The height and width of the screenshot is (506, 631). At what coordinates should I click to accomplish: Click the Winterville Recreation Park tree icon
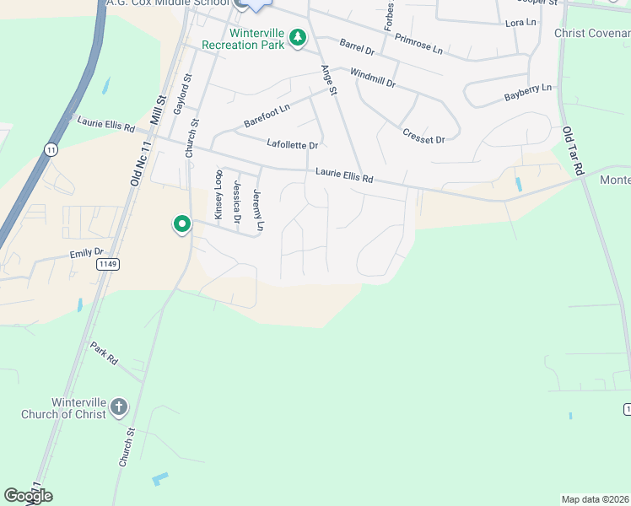(x=297, y=37)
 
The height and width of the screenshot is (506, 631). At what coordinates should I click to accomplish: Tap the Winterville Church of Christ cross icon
(x=119, y=407)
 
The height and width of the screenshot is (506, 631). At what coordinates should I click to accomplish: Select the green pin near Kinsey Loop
(x=181, y=224)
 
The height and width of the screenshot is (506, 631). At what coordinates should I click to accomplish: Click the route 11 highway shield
(x=51, y=149)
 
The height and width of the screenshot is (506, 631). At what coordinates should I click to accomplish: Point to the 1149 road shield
(x=108, y=264)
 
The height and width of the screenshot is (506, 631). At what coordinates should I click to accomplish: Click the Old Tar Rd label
(x=573, y=151)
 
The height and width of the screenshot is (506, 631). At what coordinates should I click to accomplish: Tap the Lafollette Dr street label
(x=292, y=145)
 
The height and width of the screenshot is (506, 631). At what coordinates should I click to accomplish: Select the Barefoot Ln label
(x=267, y=116)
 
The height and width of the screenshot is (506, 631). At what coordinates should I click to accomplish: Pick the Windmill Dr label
(x=372, y=78)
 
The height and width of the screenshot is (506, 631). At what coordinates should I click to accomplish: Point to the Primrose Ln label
(x=418, y=45)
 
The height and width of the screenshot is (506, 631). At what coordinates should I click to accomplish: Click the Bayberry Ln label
(x=527, y=92)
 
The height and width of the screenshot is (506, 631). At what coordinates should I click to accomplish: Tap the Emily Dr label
(x=86, y=252)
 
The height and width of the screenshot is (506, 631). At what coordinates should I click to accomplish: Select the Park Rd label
(x=105, y=353)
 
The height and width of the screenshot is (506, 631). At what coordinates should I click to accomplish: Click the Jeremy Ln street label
(x=259, y=210)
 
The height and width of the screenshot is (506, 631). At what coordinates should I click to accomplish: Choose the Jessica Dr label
(x=238, y=202)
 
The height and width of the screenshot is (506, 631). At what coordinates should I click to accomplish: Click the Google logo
(x=28, y=496)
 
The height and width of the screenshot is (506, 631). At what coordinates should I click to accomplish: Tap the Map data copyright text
(x=596, y=499)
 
